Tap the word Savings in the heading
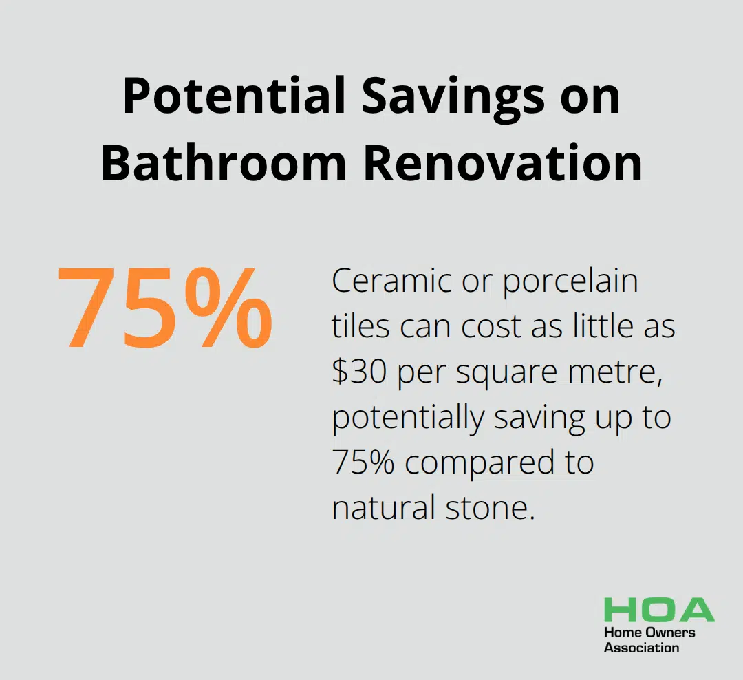(x=453, y=100)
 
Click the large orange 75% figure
(x=165, y=307)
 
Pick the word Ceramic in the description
(x=391, y=281)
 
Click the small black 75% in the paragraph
(x=363, y=463)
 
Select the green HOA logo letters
(x=659, y=610)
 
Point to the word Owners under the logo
(x=670, y=633)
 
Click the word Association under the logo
(x=642, y=648)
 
